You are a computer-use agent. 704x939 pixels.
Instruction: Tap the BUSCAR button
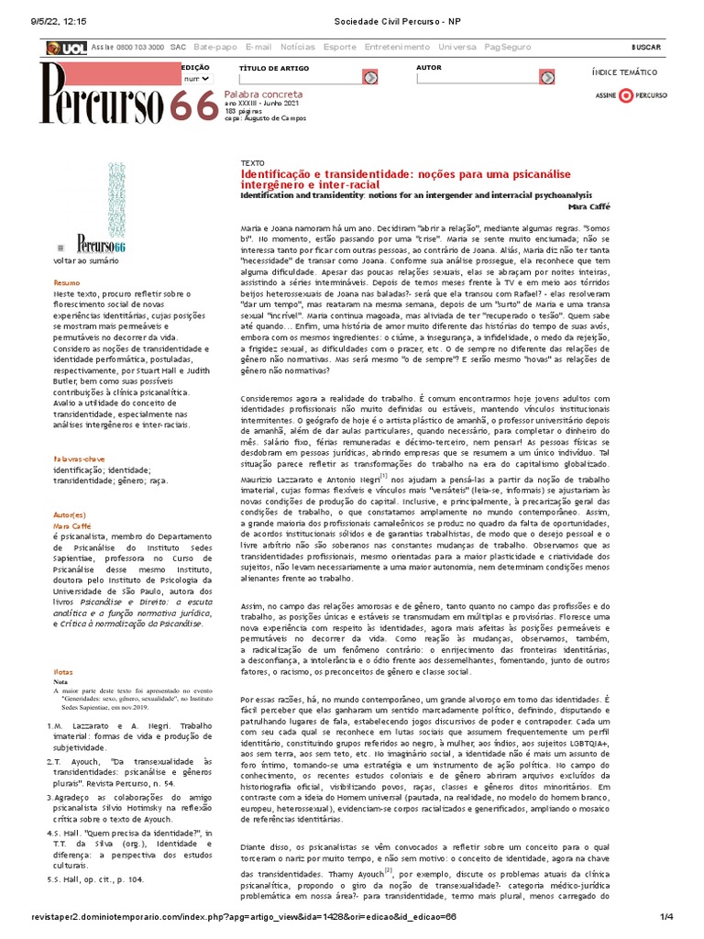pos(645,47)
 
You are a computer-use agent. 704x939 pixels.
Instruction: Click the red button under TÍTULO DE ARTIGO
pos(369,78)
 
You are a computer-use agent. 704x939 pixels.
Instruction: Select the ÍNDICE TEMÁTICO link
pos(624,72)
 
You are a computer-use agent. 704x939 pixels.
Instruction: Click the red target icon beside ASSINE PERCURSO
pos(625,94)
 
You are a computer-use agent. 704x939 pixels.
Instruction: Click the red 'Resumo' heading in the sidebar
pos(66,282)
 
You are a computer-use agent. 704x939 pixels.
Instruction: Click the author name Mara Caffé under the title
pos(588,206)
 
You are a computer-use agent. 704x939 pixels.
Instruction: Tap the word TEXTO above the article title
pos(252,162)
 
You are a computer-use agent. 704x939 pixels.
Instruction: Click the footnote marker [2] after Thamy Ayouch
pos(389,869)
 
